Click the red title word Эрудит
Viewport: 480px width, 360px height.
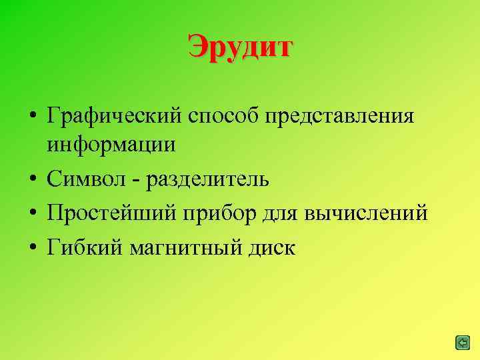coord(240,47)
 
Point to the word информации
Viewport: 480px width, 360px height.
coord(111,145)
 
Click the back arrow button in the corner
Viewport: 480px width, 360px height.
coord(462,343)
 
